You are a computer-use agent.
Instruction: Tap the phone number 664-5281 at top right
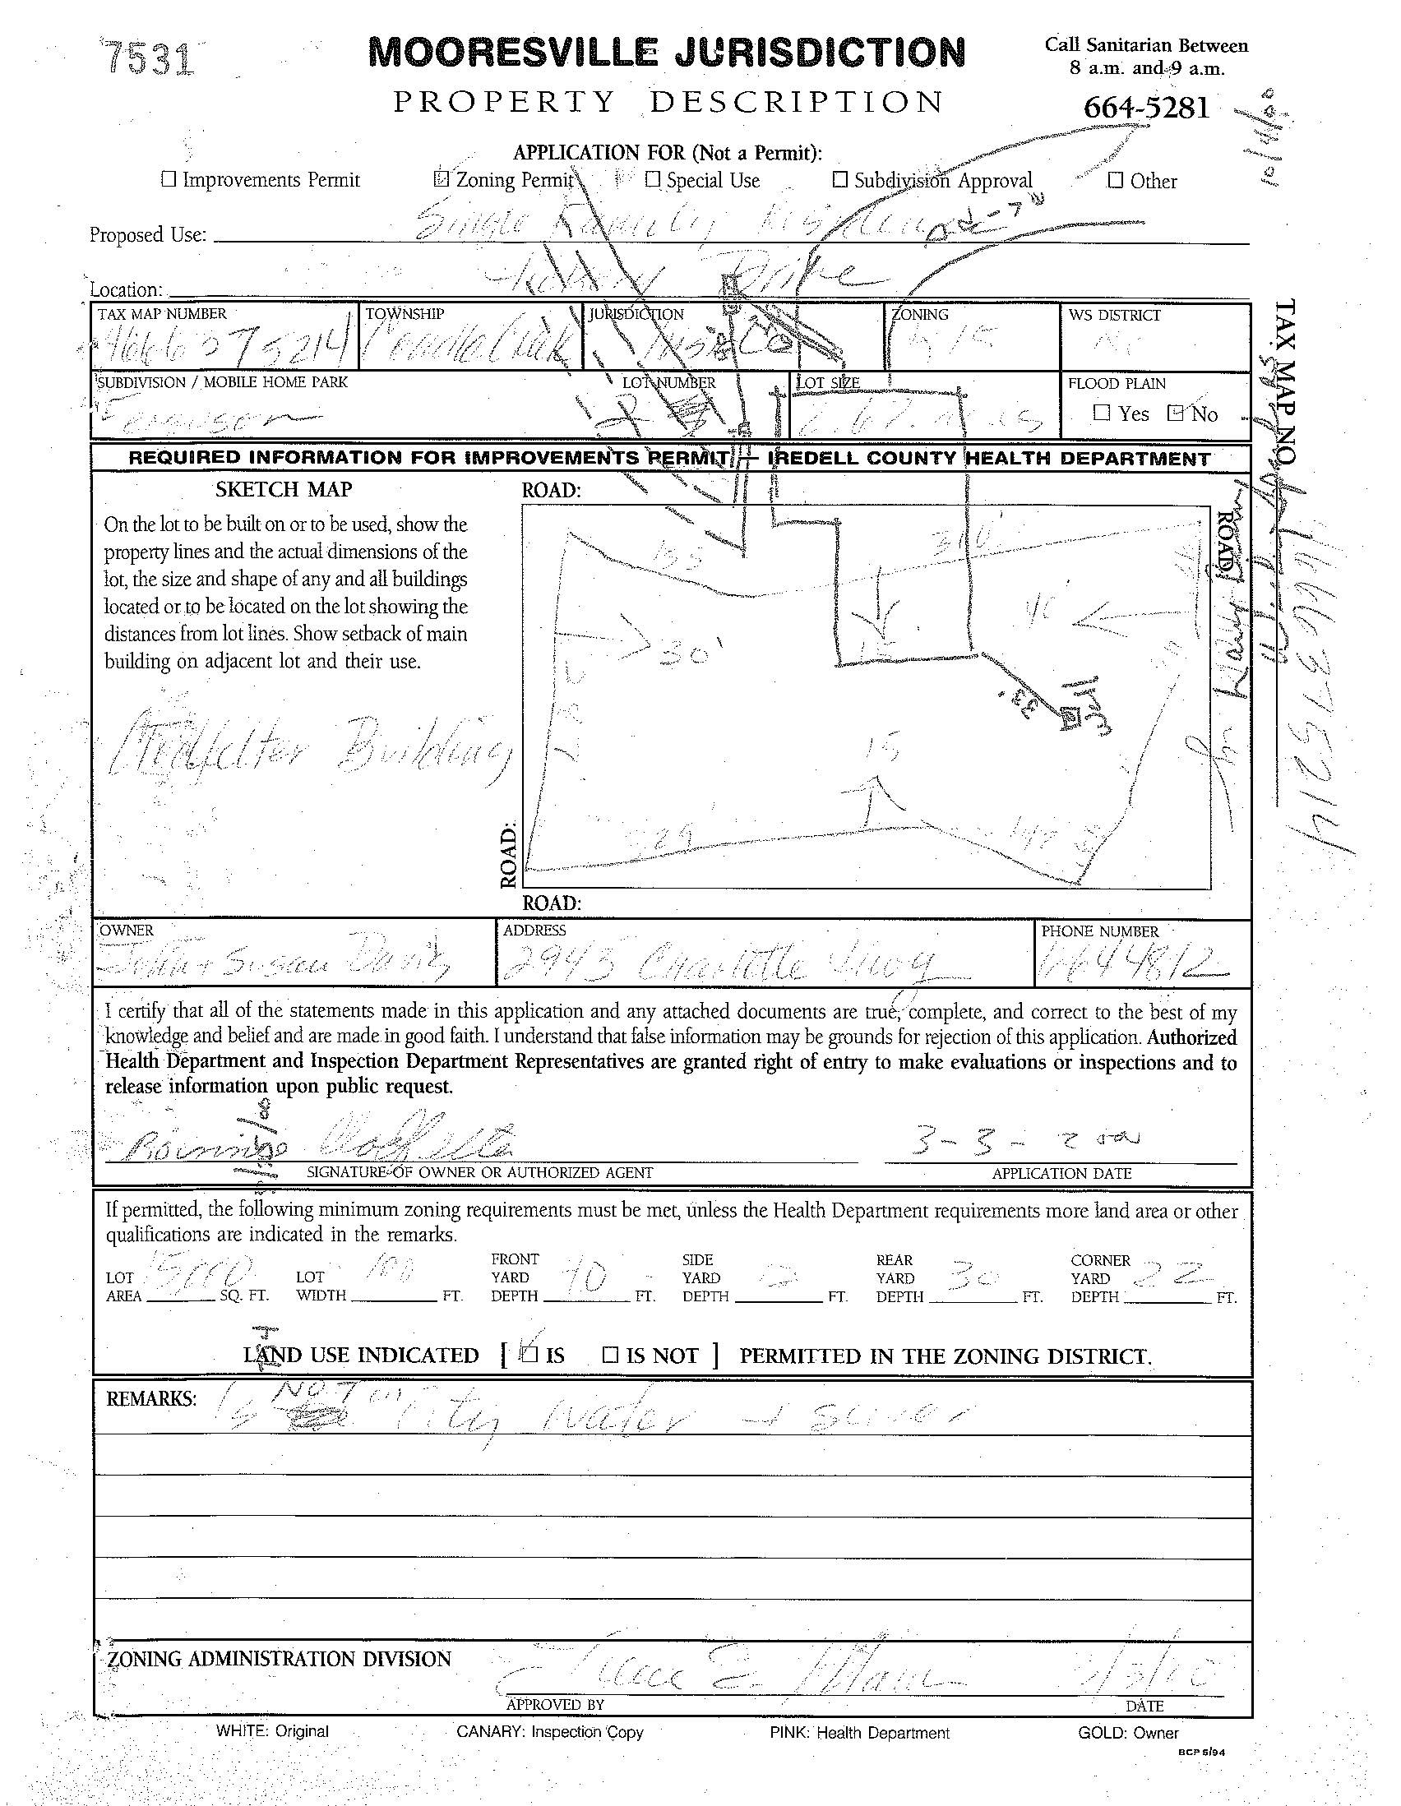(x=1146, y=107)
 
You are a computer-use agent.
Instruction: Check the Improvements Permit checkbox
(x=169, y=178)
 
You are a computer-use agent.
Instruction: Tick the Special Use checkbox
(x=654, y=178)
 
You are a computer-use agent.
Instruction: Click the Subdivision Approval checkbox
(x=840, y=178)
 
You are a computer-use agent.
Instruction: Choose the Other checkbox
(x=1116, y=179)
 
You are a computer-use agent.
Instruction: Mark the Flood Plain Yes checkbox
(x=1101, y=412)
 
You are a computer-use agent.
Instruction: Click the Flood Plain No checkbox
(x=1175, y=413)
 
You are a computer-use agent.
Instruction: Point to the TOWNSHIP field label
(x=405, y=314)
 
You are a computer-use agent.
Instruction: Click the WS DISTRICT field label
(x=1113, y=315)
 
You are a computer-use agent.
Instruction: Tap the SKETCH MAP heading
(x=284, y=490)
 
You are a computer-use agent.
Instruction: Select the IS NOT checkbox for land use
(x=610, y=1355)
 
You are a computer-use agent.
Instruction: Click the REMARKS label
(x=151, y=1398)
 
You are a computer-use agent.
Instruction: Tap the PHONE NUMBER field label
(x=1099, y=931)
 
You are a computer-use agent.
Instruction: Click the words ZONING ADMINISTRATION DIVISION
(x=280, y=1658)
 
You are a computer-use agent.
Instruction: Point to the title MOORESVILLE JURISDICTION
(x=666, y=53)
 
